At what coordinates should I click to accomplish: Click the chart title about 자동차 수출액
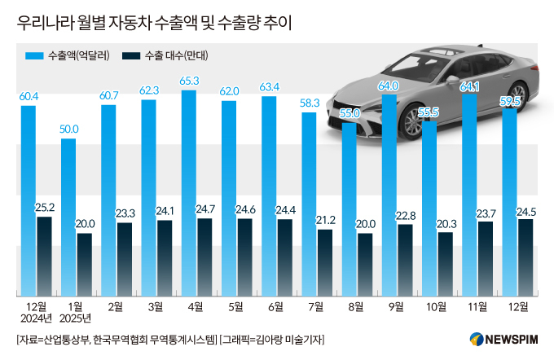pyautogui.click(x=154, y=24)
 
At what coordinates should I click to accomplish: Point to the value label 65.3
pyautogui.click(x=189, y=82)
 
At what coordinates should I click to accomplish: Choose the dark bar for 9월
pyautogui.click(x=405, y=260)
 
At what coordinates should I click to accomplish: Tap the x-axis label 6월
pyautogui.click(x=275, y=306)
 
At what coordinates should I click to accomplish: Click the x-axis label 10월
pyautogui.click(x=435, y=306)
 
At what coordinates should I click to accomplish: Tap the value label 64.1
pyautogui.click(x=469, y=86)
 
